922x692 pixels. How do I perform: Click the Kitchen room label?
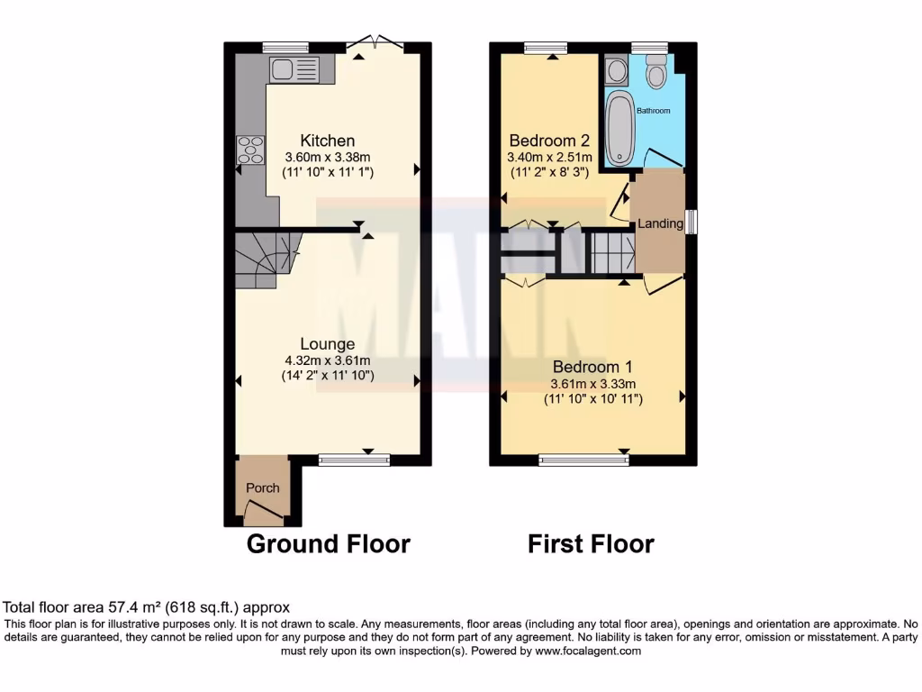click(x=327, y=141)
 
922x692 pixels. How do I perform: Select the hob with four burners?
click(x=250, y=150)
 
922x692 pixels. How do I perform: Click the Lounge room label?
click(x=327, y=344)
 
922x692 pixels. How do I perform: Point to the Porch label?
click(x=263, y=488)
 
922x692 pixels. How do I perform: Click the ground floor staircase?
click(x=267, y=259)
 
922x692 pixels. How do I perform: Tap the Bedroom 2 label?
click(x=549, y=141)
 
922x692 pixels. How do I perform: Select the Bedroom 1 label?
click(x=592, y=368)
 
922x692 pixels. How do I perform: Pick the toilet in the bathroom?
click(x=655, y=72)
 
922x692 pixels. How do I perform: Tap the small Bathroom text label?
click(x=654, y=111)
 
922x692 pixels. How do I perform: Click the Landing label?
click(x=661, y=223)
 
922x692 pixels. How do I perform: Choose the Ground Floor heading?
click(x=328, y=544)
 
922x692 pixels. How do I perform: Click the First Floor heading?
click(x=591, y=544)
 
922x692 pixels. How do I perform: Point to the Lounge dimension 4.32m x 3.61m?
click(x=327, y=360)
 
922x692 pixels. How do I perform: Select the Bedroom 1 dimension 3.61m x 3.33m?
click(x=592, y=383)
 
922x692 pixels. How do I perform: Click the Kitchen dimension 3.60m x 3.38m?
click(x=327, y=156)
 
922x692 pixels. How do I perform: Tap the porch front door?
click(x=264, y=515)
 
